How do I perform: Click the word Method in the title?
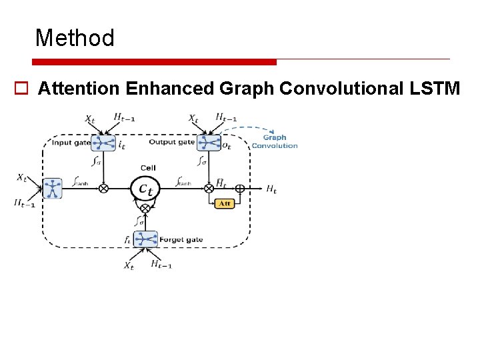click(75, 38)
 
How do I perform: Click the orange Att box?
click(224, 203)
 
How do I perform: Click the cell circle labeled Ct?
click(145, 189)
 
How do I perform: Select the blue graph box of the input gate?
click(103, 142)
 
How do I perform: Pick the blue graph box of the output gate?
click(209, 142)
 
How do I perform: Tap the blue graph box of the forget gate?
click(145, 239)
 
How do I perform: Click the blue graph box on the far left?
click(52, 188)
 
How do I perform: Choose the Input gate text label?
click(71, 142)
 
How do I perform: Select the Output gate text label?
click(172, 142)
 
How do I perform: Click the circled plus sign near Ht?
click(240, 189)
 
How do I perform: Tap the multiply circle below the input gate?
click(103, 189)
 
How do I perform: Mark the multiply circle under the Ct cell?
click(145, 209)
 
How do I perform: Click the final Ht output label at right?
click(271, 189)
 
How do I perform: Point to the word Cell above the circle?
click(148, 167)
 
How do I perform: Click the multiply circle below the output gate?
click(209, 189)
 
